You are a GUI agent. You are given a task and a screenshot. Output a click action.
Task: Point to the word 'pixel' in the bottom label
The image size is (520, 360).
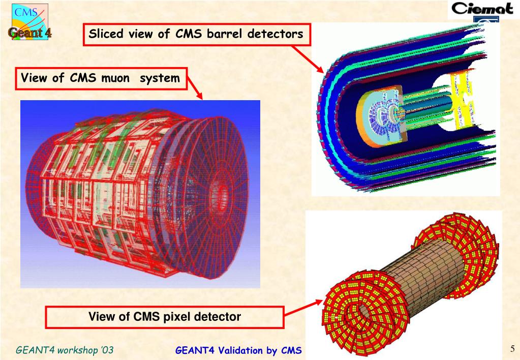pos(177,317)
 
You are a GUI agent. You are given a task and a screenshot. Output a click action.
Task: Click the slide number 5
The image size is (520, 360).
pos(512,348)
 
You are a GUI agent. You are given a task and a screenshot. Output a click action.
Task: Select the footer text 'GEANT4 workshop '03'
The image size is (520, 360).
pos(65,350)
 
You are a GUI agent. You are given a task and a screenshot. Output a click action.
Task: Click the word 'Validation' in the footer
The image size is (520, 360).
pos(235,350)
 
